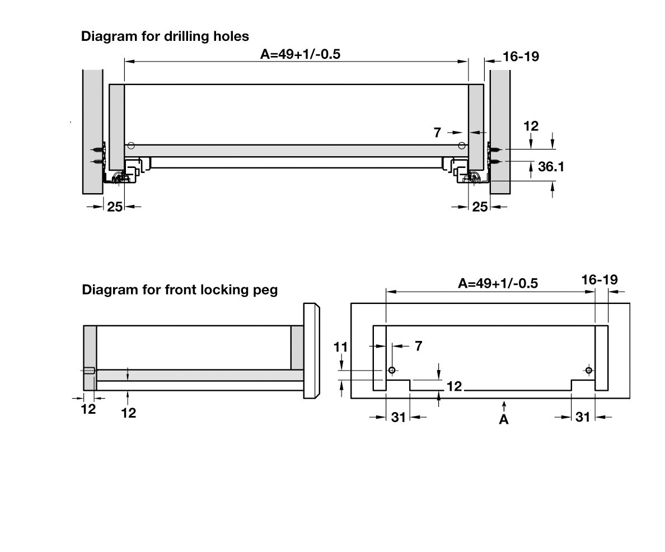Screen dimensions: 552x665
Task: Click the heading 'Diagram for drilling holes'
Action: [165, 36]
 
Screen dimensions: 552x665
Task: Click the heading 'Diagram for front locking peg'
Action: [180, 290]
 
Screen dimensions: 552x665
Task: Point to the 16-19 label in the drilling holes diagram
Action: [521, 56]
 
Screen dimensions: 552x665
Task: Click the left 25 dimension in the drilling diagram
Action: [115, 207]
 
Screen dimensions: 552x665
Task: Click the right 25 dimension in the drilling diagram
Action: [480, 207]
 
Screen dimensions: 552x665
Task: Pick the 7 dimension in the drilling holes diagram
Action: [437, 133]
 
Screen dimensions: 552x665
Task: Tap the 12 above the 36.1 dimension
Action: [531, 126]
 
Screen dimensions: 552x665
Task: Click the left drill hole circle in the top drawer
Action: [130, 146]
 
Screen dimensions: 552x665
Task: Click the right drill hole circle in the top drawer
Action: [462, 146]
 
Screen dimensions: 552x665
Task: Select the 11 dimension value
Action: [341, 347]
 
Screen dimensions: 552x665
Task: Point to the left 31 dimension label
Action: [398, 417]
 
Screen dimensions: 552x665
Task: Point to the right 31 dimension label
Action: [583, 417]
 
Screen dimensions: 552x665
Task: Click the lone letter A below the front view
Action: [504, 419]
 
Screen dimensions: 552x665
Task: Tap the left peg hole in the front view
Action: [392, 370]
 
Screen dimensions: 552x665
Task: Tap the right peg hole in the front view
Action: [588, 370]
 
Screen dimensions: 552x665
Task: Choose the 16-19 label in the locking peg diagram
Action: [599, 279]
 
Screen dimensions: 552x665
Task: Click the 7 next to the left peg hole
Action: [418, 346]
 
